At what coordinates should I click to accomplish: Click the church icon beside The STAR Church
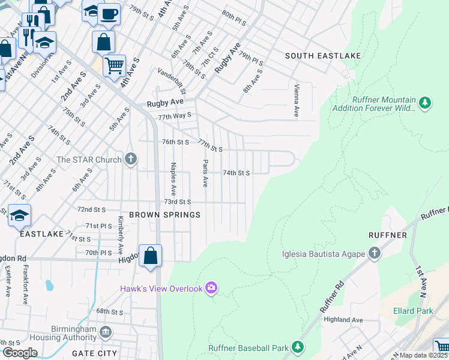pos(131,160)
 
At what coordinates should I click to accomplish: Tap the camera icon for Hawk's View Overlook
pos(211,289)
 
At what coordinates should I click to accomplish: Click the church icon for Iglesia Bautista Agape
pos(374,253)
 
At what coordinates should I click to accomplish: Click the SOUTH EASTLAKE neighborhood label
pos(323,56)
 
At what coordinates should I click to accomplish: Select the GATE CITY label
pos(95,353)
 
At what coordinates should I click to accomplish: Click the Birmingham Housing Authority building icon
pos(106,331)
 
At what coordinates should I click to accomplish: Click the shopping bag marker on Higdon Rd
pos(151,255)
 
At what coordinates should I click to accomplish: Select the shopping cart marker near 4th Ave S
pos(114,64)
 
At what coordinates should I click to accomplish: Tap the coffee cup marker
pos(108,13)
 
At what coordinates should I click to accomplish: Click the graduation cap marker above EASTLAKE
pos(20,215)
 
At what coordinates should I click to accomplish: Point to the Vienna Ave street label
pos(296,100)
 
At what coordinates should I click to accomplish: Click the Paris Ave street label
pos(205,173)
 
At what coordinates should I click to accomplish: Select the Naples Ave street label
pos(173,179)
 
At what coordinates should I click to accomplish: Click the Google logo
pos(20,352)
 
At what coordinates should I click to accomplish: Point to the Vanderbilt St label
pos(172,81)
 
